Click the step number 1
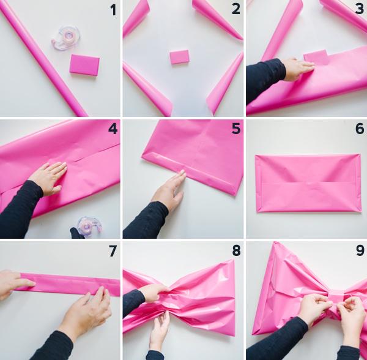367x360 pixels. tap(113, 10)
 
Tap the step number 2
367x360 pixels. tap(236, 10)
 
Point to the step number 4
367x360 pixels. tap(113, 130)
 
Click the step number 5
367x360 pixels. tap(236, 130)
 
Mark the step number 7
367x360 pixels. tap(113, 250)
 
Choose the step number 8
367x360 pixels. tap(236, 250)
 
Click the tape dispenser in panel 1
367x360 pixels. tap(66, 37)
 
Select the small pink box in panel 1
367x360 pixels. tap(84, 64)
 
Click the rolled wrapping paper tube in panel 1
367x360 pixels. tap(43, 58)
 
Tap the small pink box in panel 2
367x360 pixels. tap(179, 58)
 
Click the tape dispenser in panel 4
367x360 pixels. tap(89, 226)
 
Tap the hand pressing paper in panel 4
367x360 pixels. tap(48, 178)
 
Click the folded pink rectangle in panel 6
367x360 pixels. tap(308, 182)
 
